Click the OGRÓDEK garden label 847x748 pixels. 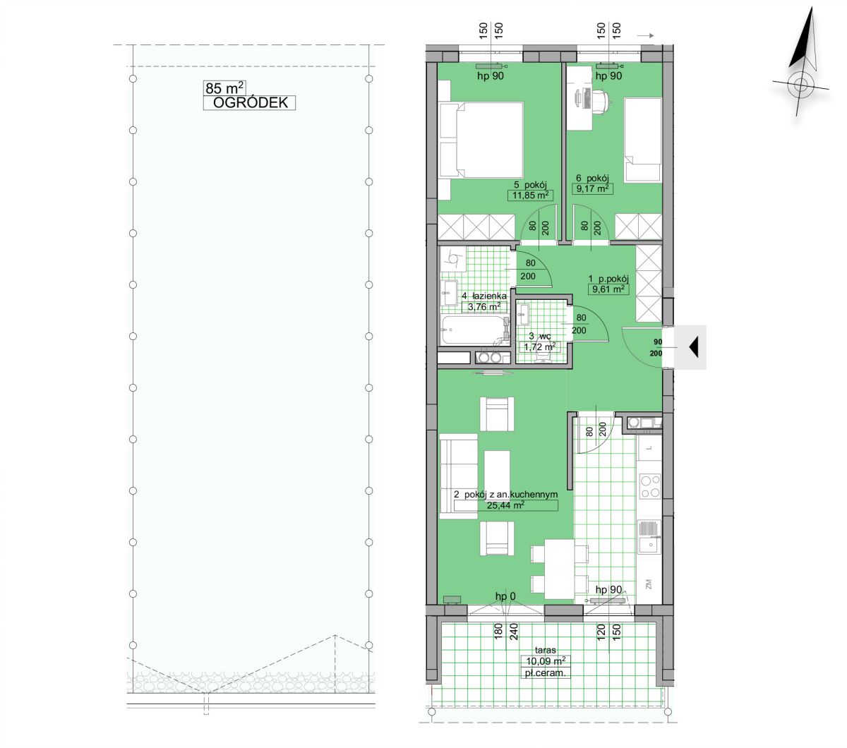point(250,102)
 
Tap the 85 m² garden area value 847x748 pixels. point(224,88)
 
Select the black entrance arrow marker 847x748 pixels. point(694,347)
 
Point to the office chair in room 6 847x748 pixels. point(600,101)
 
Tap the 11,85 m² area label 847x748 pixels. point(530,195)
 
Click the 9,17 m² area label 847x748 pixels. point(592,188)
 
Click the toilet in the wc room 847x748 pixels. point(542,355)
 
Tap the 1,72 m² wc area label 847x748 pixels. point(539,346)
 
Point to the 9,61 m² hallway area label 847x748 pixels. point(608,289)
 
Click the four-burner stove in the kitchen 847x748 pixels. point(650,486)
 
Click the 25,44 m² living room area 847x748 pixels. point(505,505)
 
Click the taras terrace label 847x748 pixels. point(545,650)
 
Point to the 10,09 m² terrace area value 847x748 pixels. point(546,661)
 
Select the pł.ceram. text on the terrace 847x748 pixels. point(546,672)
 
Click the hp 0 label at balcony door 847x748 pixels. point(505,596)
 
